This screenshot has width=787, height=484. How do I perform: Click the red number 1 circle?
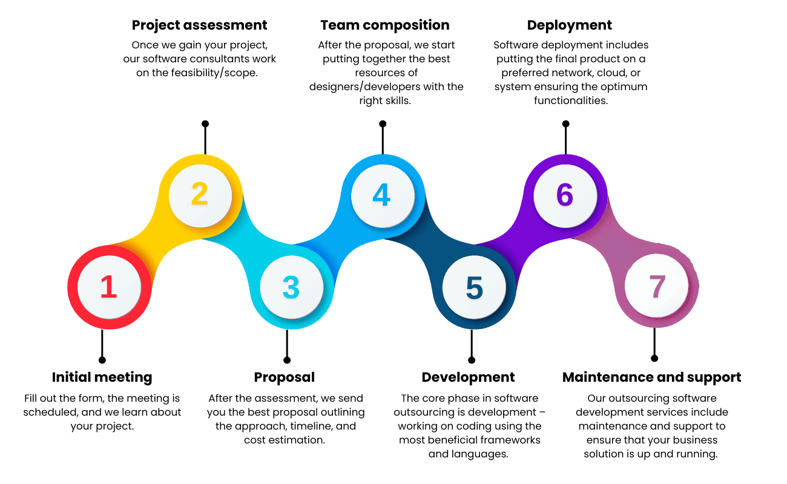(x=108, y=287)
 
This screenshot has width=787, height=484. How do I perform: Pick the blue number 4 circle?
(x=382, y=195)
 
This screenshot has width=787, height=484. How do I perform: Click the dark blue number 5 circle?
(x=474, y=288)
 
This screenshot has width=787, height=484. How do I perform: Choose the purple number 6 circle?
(x=565, y=195)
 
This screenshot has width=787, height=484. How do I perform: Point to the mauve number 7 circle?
(x=657, y=287)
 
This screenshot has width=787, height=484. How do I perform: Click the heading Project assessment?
(x=199, y=25)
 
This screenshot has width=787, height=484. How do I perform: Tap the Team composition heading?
(x=385, y=25)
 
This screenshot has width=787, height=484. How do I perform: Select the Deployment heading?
(x=569, y=25)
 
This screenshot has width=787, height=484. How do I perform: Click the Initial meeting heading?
(x=102, y=378)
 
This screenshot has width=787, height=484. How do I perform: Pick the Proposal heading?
(x=285, y=378)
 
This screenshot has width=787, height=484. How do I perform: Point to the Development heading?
(x=468, y=378)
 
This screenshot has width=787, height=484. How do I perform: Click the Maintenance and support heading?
(x=651, y=378)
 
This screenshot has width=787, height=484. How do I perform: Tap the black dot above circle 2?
(x=205, y=123)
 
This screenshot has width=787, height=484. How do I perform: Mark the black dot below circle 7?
(x=654, y=358)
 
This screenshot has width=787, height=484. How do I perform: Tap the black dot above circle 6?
(x=565, y=123)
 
